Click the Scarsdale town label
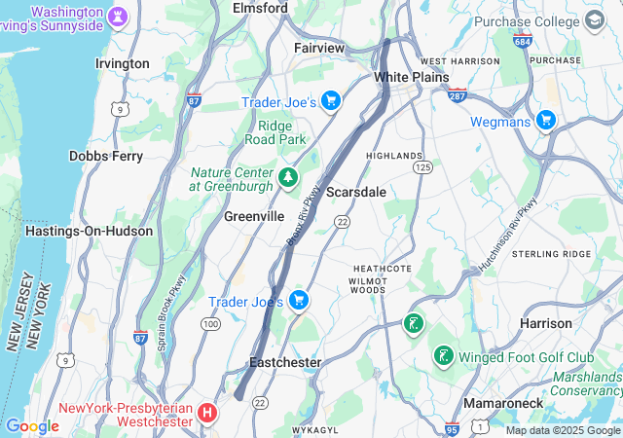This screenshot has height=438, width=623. tap(355, 192)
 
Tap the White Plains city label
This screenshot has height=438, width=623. tap(412, 77)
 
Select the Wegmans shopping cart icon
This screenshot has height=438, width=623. tap(545, 122)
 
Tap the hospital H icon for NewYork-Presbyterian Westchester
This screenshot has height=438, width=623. tap(206, 414)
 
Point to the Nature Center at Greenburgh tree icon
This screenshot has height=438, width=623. tap(287, 177)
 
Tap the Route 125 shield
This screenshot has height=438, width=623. tap(422, 167)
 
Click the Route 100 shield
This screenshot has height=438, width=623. tap(210, 322)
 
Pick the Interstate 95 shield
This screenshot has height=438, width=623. tap(451, 427)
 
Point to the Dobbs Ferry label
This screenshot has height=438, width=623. tap(107, 156)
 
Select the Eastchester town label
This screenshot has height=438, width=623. tap(285, 362)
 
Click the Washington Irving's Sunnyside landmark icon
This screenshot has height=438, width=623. tap(119, 18)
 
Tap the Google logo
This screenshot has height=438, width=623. tap(32, 426)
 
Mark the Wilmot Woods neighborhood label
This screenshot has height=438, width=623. tap(367, 284)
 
